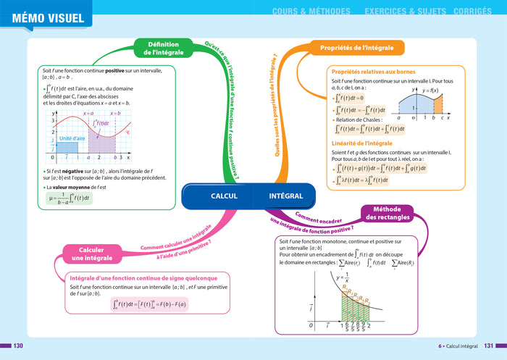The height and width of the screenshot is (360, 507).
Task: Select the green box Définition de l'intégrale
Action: (x=163, y=49)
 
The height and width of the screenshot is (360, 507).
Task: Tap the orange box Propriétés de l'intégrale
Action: (x=356, y=49)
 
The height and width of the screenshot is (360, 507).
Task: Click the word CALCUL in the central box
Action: (x=224, y=196)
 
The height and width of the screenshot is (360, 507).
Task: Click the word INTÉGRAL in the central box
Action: (x=285, y=196)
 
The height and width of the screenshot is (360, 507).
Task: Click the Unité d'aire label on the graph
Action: (x=72, y=138)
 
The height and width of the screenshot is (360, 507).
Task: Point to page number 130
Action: (x=19, y=346)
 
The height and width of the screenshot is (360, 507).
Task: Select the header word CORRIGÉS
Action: (x=475, y=12)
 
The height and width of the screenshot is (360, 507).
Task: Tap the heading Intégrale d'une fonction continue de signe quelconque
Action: (x=143, y=277)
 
